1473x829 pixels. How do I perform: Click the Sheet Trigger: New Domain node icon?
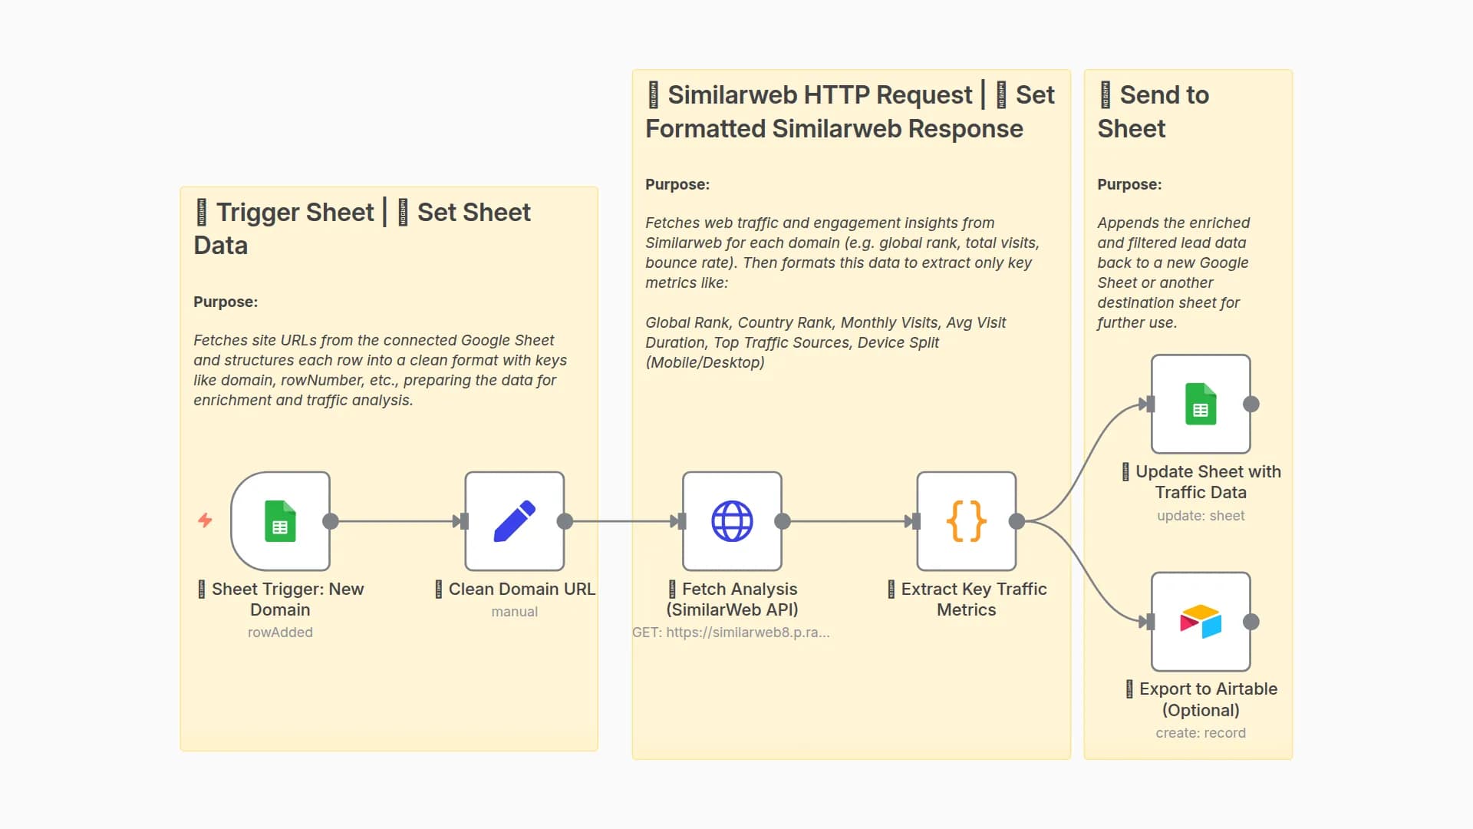coord(280,521)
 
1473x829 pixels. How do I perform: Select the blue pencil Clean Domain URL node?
coord(514,521)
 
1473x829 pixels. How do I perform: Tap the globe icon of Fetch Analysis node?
coord(732,521)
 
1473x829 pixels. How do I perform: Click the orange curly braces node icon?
coord(966,521)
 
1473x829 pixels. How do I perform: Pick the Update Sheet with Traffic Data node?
coord(1201,404)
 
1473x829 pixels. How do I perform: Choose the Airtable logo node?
coord(1201,621)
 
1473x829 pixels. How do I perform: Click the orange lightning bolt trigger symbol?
coord(205,520)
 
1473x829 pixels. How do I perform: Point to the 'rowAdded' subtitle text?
coord(280,632)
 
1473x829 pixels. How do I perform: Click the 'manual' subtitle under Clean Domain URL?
coord(514,612)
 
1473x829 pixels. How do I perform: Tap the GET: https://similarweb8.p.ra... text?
coord(730,632)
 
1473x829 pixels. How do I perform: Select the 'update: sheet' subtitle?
coord(1201,516)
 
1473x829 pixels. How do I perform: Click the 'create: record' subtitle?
coord(1201,733)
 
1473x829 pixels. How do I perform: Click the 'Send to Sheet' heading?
coord(1152,111)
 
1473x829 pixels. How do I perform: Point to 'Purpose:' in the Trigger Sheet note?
coord(226,302)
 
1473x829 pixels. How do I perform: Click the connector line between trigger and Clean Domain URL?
coord(395,521)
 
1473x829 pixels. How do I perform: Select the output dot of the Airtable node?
coord(1251,622)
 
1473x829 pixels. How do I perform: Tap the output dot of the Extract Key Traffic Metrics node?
coord(1017,521)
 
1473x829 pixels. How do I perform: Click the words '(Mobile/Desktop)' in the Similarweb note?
coord(705,362)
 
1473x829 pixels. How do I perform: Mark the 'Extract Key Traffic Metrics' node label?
coord(967,599)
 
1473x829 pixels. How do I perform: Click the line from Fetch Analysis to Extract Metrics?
coord(848,521)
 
